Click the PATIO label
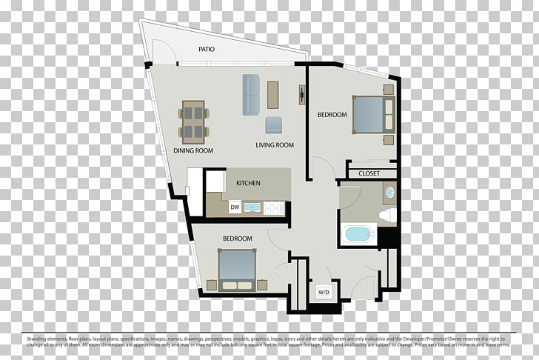[207, 50]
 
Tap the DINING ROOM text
[193, 150]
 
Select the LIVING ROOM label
[275, 145]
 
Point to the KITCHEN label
[248, 182]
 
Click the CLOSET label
[369, 173]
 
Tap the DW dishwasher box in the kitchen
[234, 207]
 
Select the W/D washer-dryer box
[324, 292]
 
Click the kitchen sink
[253, 208]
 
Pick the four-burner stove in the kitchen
[274, 208]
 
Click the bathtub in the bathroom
[358, 234]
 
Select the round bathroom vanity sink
[389, 193]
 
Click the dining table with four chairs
[194, 122]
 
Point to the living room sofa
[251, 94]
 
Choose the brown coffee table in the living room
[274, 94]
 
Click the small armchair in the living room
[273, 124]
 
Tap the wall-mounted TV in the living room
[302, 94]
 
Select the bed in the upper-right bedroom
[372, 114]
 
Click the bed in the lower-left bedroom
[237, 268]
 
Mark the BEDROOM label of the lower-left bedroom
[238, 239]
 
